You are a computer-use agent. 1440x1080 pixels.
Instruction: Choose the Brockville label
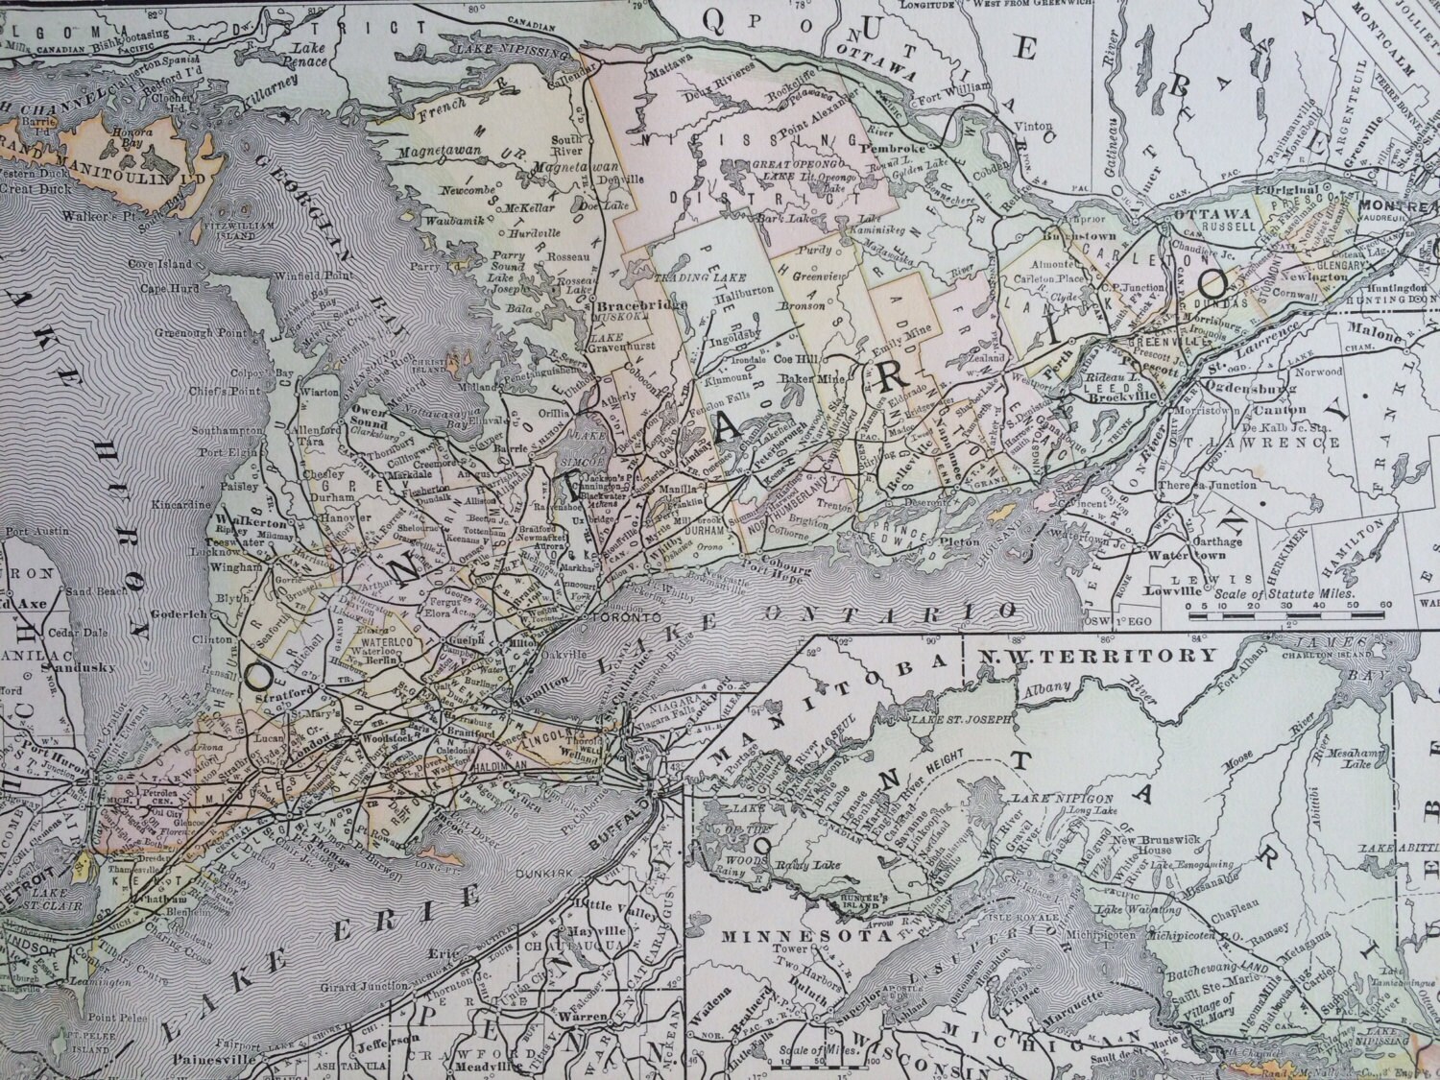tap(1119, 393)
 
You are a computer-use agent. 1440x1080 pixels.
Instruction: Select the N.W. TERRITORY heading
tap(1083, 658)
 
